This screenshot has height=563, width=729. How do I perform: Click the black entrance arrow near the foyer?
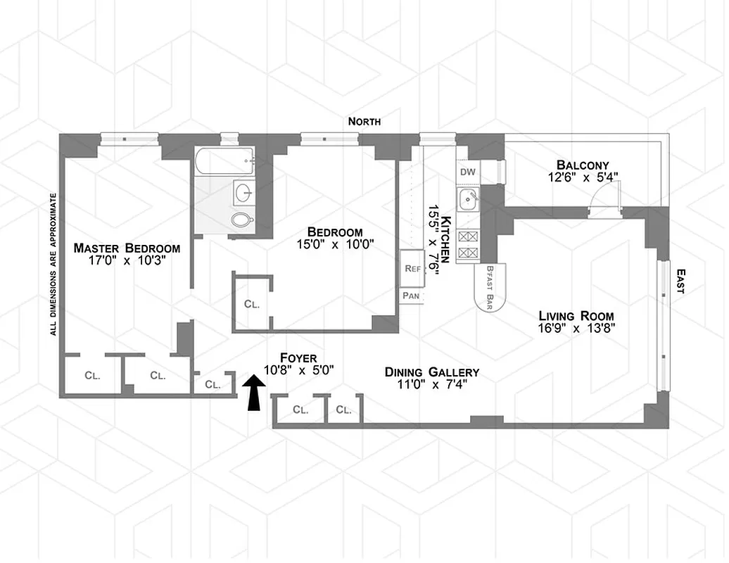253,392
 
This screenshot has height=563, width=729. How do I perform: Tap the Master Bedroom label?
127,248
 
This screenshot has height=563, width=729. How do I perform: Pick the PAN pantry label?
412,296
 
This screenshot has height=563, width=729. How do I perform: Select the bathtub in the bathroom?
224,161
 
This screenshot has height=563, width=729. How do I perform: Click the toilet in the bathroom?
242,220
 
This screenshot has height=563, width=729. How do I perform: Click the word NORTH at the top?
364,122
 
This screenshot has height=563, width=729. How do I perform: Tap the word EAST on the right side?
680,281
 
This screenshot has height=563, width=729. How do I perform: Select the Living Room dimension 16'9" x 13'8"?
576,329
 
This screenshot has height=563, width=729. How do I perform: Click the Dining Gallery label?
431,372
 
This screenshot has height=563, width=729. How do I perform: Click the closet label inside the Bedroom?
252,305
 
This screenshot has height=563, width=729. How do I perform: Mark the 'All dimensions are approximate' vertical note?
53,264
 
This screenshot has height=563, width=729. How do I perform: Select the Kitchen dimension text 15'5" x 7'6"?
431,241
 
